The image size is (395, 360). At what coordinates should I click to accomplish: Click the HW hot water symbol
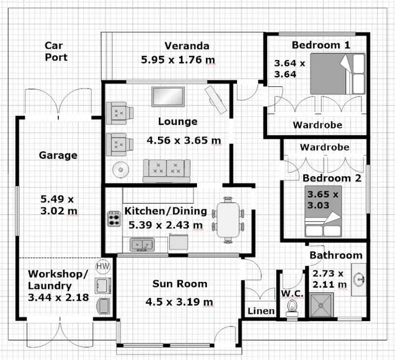pyautogui.click(x=102, y=267)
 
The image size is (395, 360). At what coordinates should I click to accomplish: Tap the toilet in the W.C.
pyautogui.click(x=291, y=308)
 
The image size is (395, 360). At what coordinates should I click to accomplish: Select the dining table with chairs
pyautogui.click(x=228, y=219)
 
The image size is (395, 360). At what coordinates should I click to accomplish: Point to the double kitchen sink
pyautogui.click(x=141, y=245)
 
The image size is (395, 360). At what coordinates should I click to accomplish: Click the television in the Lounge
pyautogui.click(x=168, y=96)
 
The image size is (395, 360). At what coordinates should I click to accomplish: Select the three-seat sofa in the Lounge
pyautogui.click(x=166, y=170)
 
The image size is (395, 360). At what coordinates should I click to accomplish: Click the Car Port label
pyautogui.click(x=56, y=51)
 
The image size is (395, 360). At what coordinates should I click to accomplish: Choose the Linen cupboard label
pyautogui.click(x=261, y=311)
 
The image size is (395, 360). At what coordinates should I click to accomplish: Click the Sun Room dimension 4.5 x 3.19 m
pyautogui.click(x=179, y=302)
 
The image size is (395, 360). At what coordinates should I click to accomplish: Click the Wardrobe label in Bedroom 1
pyautogui.click(x=317, y=125)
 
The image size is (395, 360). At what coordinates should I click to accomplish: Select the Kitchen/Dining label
pyautogui.click(x=165, y=211)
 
